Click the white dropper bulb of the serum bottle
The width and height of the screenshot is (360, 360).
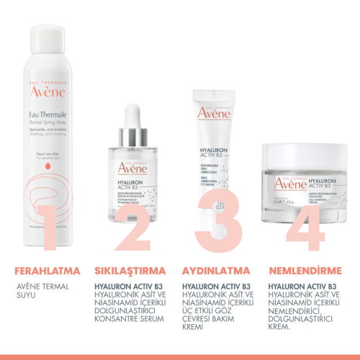click(132, 115)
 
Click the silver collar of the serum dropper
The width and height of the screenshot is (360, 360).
click(132, 135)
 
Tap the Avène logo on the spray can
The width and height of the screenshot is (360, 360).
click(48, 91)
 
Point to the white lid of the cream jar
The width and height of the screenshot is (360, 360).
click(305, 153)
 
